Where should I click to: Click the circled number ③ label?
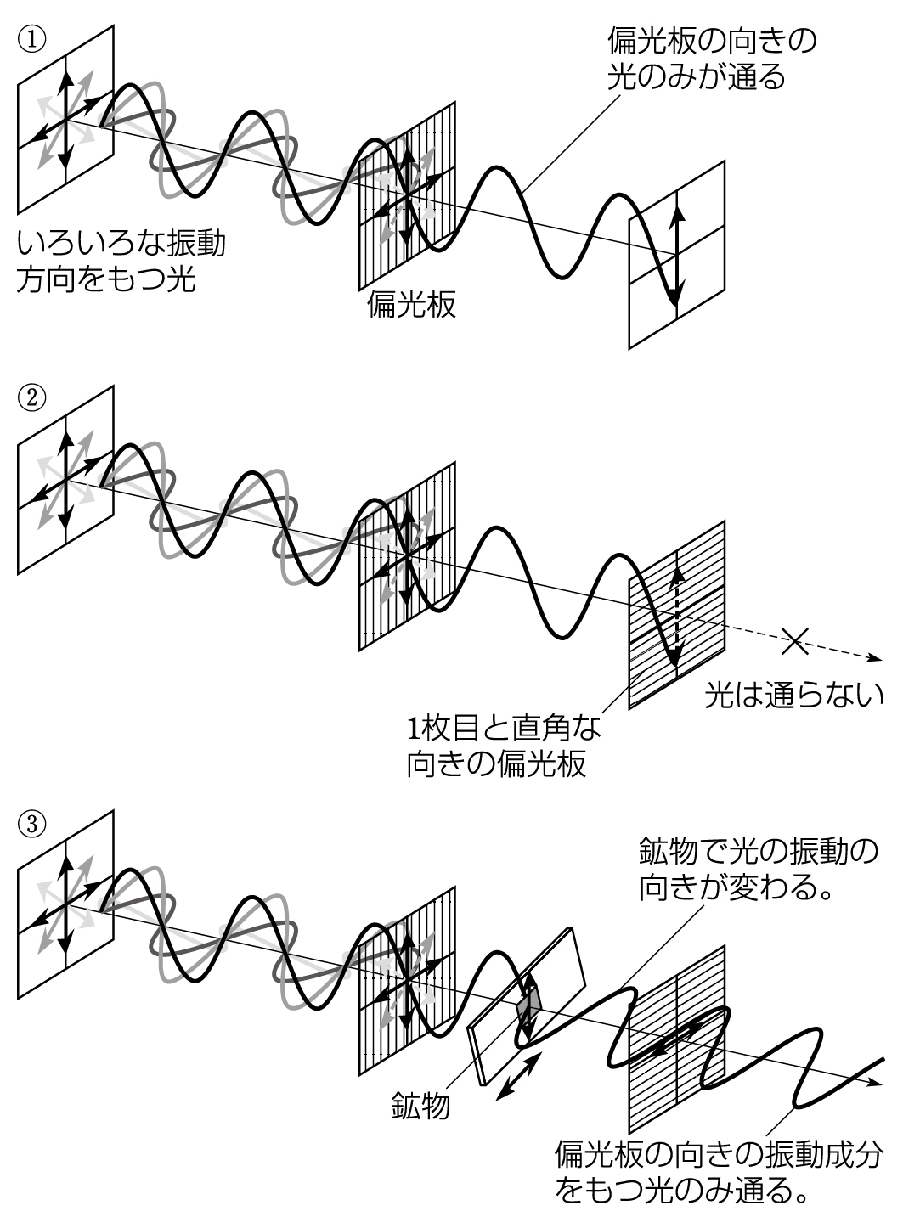[x=31, y=823]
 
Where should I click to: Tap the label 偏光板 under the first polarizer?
[x=411, y=305]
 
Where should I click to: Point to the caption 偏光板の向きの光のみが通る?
[x=711, y=59]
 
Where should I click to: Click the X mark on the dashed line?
[x=795, y=641]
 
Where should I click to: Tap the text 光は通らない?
[x=794, y=696]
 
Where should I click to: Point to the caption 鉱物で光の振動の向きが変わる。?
[x=757, y=869]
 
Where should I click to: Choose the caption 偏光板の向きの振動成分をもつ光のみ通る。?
[x=719, y=1172]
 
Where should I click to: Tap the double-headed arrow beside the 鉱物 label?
[x=521, y=1077]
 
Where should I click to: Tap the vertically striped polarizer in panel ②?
[x=407, y=555]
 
